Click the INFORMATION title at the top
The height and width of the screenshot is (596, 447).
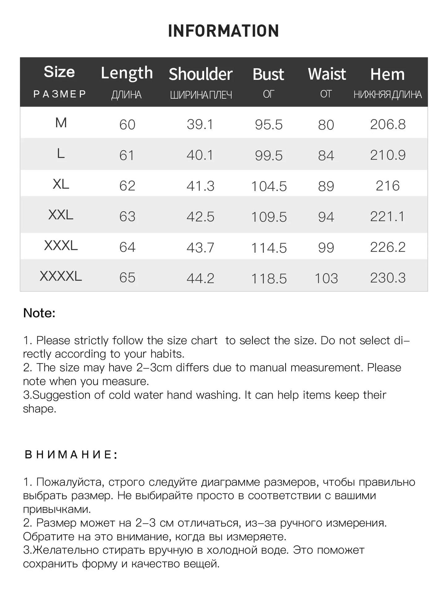(x=223, y=31)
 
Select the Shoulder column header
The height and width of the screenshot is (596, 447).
(x=200, y=74)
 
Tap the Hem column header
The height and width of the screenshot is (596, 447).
(x=387, y=74)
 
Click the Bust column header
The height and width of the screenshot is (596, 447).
(x=268, y=74)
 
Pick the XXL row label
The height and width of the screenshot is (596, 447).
(x=61, y=215)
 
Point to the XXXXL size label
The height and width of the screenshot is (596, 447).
(x=61, y=276)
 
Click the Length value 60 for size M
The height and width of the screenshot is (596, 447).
(x=127, y=125)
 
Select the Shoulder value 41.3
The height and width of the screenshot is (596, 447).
(x=200, y=186)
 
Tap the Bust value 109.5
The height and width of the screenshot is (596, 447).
(x=269, y=217)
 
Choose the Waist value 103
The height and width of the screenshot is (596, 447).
(x=326, y=278)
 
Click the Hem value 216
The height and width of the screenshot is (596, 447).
(x=388, y=186)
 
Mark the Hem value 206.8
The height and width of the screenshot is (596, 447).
(x=388, y=124)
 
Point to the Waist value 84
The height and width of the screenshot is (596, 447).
(x=326, y=155)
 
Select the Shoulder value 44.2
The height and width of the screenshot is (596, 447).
(x=200, y=278)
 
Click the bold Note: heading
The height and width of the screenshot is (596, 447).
(x=39, y=313)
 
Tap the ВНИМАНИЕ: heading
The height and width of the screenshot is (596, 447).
(x=71, y=455)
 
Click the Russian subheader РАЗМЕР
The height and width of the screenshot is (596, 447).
(x=59, y=94)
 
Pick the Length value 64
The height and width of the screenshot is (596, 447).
(x=127, y=247)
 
